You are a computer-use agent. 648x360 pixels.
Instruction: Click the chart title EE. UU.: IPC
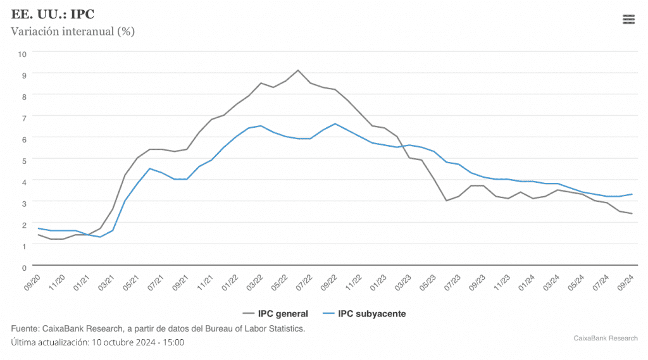pyautogui.click(x=53, y=15)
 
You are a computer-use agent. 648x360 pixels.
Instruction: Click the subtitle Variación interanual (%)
pyautogui.click(x=73, y=31)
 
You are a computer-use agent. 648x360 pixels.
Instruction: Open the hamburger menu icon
pyautogui.click(x=628, y=20)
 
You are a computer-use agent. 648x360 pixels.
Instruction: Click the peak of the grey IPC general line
pyautogui.click(x=298, y=70)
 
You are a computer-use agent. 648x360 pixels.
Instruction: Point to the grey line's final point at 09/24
pyautogui.click(x=632, y=213)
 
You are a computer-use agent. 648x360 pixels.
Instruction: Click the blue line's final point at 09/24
pyautogui.click(x=632, y=194)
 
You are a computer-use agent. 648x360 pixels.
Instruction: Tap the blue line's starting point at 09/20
pyautogui.click(x=39, y=228)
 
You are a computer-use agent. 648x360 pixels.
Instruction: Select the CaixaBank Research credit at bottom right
pyautogui.click(x=605, y=338)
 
